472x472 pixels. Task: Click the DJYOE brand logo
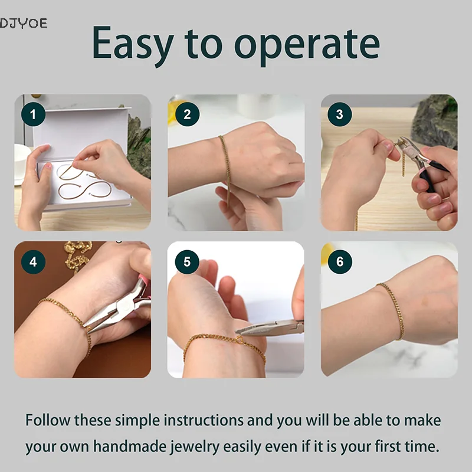(x=24, y=23)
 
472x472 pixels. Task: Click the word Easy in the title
(x=133, y=44)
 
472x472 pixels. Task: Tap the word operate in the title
(x=307, y=46)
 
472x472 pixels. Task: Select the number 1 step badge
(x=33, y=114)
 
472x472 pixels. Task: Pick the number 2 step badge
(x=187, y=114)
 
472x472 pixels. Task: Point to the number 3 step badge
(x=340, y=114)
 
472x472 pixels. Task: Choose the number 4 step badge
(x=33, y=261)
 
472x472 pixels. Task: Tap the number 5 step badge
(x=187, y=261)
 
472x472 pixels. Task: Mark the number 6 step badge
(x=340, y=261)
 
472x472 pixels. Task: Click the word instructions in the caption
(x=203, y=420)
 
